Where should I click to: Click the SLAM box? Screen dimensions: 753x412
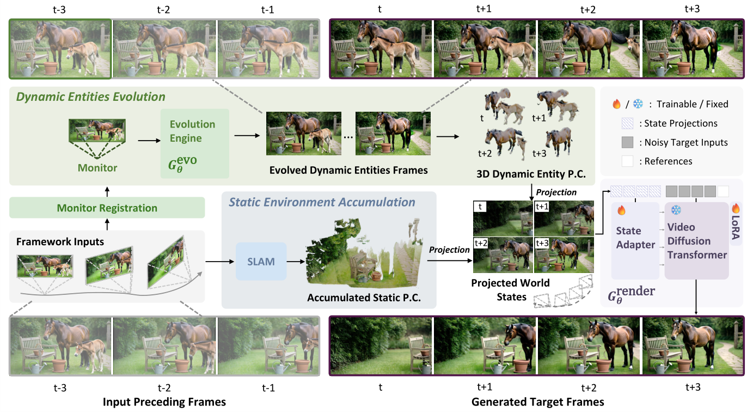coord(261,262)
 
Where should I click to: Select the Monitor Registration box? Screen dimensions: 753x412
coord(107,208)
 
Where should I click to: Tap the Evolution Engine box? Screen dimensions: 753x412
coord(194,143)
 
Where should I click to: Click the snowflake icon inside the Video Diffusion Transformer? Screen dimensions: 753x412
coord(676,210)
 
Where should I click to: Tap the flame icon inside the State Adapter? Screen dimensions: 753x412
coord(621,210)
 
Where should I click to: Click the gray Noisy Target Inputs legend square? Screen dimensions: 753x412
coord(627,142)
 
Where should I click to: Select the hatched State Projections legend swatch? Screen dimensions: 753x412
coord(627,124)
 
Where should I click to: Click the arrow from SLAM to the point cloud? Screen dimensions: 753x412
coord(296,262)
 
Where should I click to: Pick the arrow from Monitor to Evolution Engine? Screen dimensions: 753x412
coord(149,141)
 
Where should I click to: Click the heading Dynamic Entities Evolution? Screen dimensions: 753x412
coord(91,96)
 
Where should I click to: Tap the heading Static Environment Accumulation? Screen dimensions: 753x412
coord(322,202)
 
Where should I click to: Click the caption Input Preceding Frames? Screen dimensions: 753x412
coord(164,402)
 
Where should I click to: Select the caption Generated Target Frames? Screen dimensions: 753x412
coord(537,402)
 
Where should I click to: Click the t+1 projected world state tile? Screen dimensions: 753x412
coord(564,219)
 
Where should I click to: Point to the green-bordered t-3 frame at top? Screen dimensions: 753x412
coord(60,49)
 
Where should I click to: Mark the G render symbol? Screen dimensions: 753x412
coord(631,294)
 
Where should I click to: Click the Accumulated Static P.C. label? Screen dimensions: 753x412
coord(364,298)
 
